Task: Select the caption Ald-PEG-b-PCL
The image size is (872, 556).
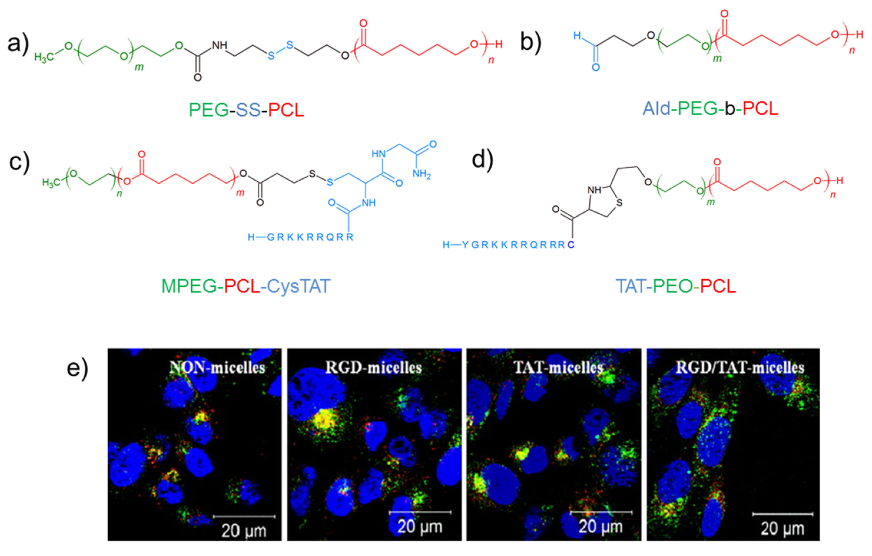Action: (710, 108)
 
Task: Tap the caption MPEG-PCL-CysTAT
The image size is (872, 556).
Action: (246, 286)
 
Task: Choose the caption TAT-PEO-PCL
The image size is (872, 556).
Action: (676, 286)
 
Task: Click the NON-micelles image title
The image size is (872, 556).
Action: (217, 368)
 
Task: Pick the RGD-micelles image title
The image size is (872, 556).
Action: (373, 367)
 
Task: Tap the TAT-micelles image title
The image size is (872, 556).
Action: (558, 367)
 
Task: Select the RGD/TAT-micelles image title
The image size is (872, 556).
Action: (740, 367)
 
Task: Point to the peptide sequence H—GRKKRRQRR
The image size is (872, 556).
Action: (300, 238)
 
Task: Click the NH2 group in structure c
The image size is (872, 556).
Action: (422, 175)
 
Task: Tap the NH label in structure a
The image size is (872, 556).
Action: (219, 45)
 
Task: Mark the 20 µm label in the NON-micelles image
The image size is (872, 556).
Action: (244, 531)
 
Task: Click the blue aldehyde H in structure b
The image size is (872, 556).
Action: (577, 36)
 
